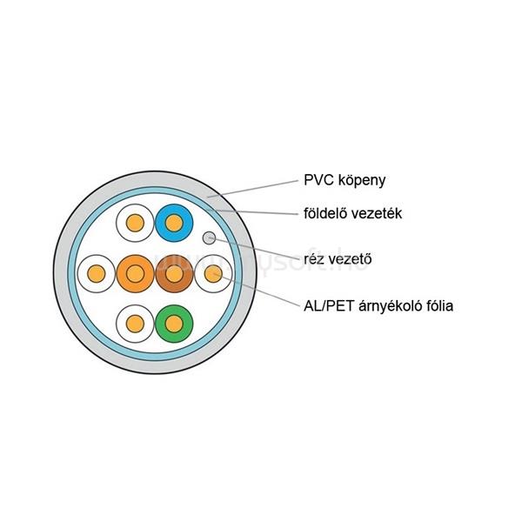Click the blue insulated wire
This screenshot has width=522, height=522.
pyautogui.click(x=174, y=224)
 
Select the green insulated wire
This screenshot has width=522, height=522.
pyautogui.click(x=174, y=324)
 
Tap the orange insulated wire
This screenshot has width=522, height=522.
pyautogui.click(x=135, y=274)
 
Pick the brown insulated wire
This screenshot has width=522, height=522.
pyautogui.click(x=174, y=274)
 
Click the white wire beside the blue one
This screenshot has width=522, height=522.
pyautogui.click(x=135, y=224)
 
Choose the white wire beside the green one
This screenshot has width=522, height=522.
pyautogui.click(x=135, y=324)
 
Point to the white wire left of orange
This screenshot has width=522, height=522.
pyautogui.click(x=95, y=274)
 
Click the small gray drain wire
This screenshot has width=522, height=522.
pyautogui.click(x=209, y=237)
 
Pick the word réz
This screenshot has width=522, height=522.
pyautogui.click(x=315, y=258)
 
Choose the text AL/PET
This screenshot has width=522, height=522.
pyautogui.click(x=328, y=305)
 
